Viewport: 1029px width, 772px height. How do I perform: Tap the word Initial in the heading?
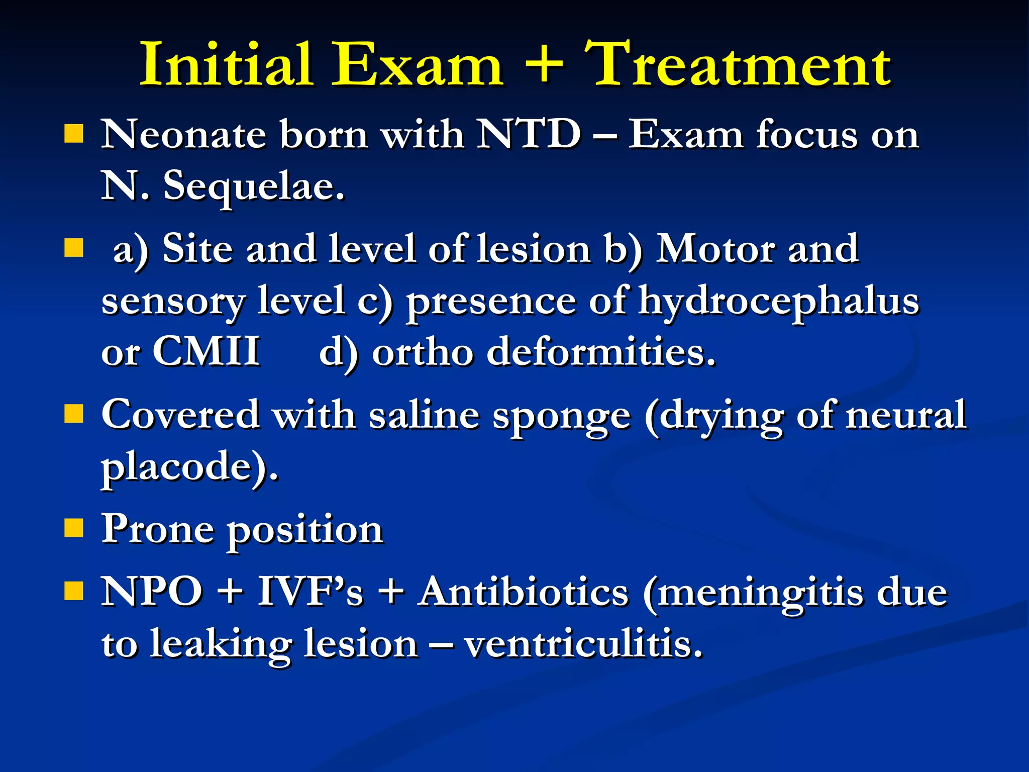tap(226, 65)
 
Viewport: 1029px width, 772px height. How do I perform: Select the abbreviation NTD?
tap(529, 135)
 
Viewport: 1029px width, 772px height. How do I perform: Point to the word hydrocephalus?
tap(779, 302)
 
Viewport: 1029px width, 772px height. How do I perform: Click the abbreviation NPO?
tap(152, 592)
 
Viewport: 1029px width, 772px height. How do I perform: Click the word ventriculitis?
tap(583, 644)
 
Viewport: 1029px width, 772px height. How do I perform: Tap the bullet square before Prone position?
tap(74, 529)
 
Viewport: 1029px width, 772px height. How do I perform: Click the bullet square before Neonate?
tap(74, 134)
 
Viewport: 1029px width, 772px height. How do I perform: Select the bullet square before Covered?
tap(74, 415)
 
